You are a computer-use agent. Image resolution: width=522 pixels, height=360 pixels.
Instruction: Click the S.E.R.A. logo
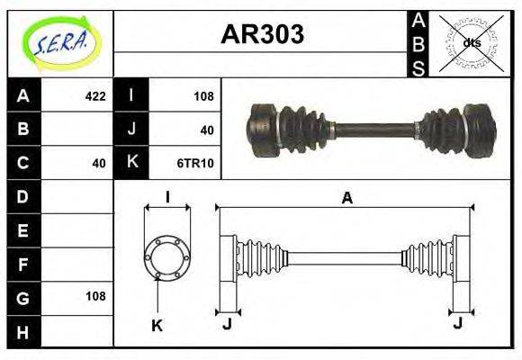[59, 42]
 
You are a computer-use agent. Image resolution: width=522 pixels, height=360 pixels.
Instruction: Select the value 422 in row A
[94, 96]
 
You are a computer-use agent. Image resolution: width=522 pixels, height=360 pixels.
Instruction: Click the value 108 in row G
[94, 296]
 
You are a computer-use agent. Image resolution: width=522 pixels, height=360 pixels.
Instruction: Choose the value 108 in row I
[203, 96]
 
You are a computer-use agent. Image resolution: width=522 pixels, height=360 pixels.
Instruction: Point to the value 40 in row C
[99, 163]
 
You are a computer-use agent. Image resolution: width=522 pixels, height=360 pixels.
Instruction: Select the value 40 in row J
[207, 130]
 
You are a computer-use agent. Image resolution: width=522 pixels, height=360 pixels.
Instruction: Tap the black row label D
[22, 196]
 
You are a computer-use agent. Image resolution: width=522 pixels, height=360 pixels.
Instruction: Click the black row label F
[22, 264]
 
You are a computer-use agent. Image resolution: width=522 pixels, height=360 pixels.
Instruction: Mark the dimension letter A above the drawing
[346, 199]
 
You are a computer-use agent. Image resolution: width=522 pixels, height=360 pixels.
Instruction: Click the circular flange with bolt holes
[167, 256]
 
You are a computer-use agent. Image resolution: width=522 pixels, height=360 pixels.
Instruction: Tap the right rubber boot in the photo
[443, 130]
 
